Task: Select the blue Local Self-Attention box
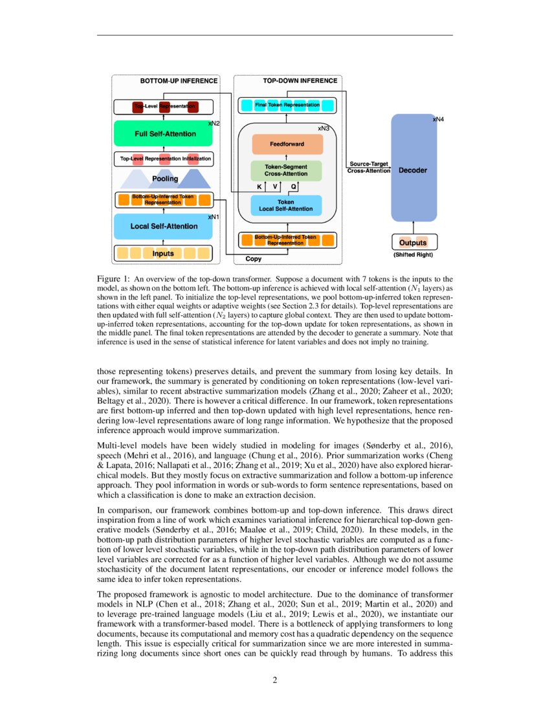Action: point(164,227)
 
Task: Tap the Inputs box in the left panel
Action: point(163,253)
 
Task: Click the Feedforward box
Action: point(287,144)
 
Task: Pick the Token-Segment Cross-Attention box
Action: point(287,171)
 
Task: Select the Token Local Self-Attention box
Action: point(286,205)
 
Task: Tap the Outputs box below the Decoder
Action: point(413,242)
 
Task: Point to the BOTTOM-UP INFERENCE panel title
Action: point(179,81)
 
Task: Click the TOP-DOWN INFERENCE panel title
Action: point(300,81)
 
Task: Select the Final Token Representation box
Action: point(287,105)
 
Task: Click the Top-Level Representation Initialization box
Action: point(166,158)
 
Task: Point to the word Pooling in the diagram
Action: point(165,179)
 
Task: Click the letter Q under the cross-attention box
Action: point(294,186)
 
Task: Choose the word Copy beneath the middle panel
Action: point(254,259)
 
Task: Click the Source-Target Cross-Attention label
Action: point(368,168)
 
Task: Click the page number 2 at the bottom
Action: point(275,680)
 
